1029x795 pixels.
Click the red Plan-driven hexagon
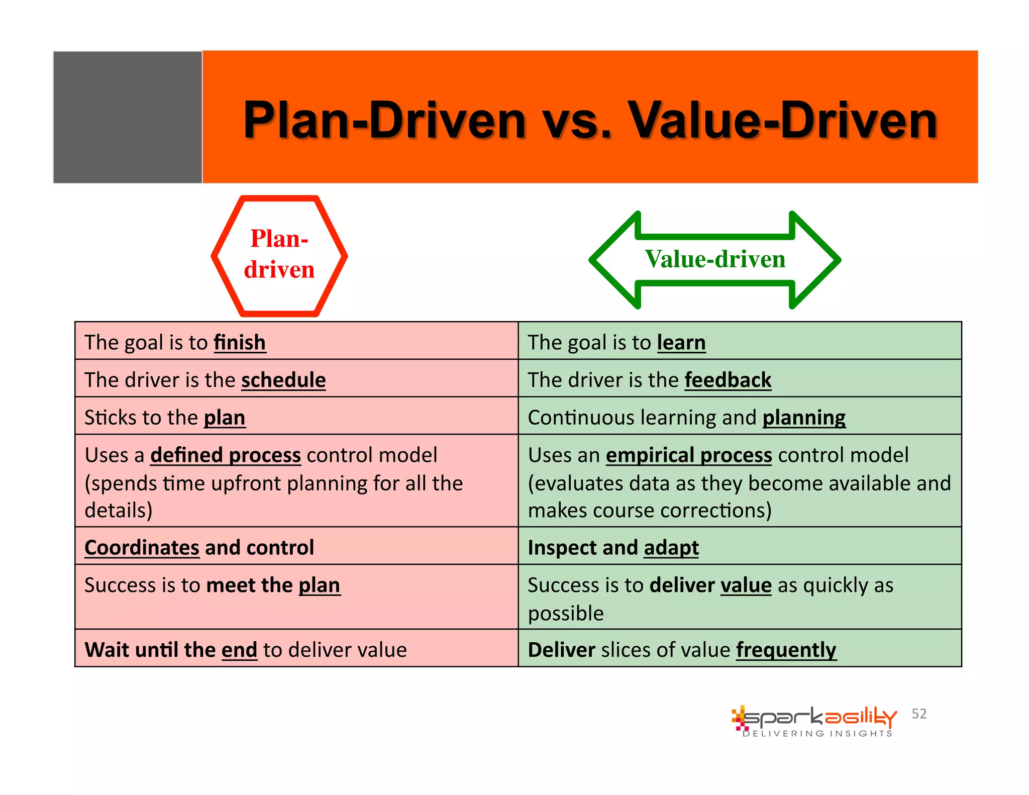point(279,256)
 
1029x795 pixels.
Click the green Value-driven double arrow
point(714,259)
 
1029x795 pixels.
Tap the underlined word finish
point(240,342)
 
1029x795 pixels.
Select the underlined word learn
point(681,342)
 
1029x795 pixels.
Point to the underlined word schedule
point(283,380)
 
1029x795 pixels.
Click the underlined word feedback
point(728,380)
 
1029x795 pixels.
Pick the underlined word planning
point(804,418)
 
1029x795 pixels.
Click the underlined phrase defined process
point(226,455)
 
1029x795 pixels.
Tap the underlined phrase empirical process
point(689,455)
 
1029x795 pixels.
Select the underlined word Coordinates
point(142,547)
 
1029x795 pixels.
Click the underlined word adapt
point(671,547)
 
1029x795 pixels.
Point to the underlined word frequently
point(786,650)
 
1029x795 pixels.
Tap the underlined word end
point(239,650)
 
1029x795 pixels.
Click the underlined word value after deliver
point(746,585)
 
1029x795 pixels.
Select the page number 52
point(919,714)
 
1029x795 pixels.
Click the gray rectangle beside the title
point(128,117)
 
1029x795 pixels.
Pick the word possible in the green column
point(566,614)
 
